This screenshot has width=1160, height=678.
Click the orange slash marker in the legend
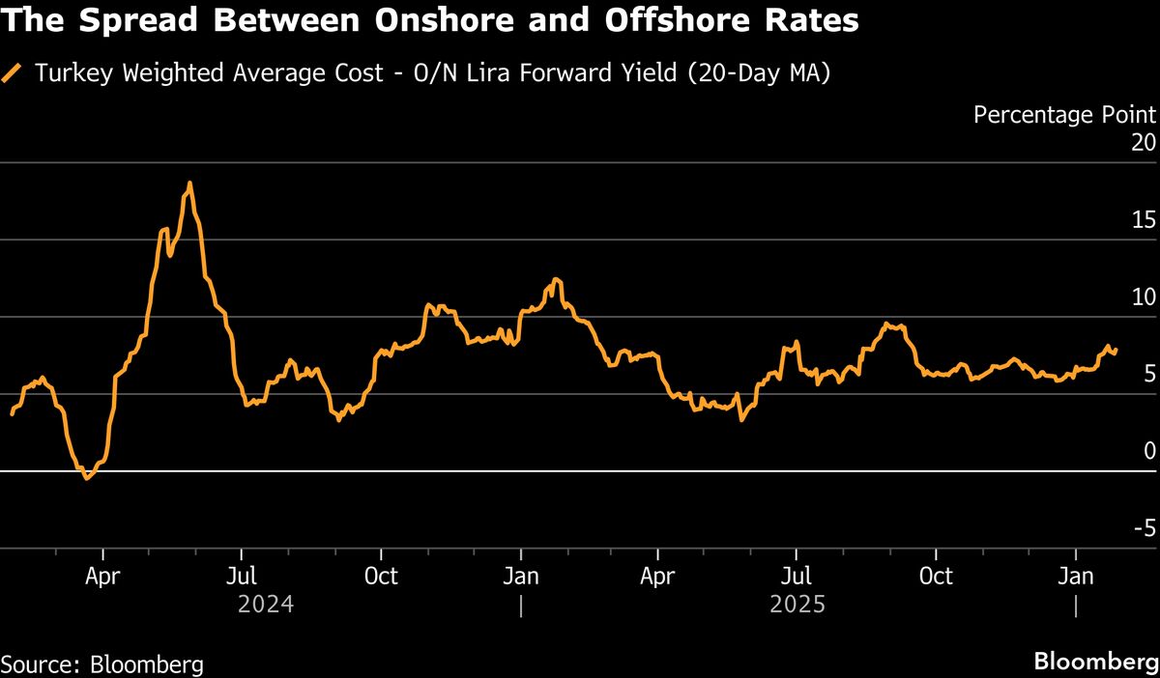(x=13, y=73)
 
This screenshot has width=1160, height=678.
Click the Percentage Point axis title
(x=1064, y=115)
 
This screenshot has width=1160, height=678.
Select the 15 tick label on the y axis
(x=1144, y=220)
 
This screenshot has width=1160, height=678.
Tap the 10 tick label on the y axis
(x=1144, y=297)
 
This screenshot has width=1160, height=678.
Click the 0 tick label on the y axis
(x=1149, y=451)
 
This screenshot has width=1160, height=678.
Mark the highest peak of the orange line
(x=189, y=183)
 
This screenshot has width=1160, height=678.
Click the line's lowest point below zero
(x=87, y=477)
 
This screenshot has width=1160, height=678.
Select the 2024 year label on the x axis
(x=266, y=605)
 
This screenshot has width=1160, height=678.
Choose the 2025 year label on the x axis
(x=797, y=605)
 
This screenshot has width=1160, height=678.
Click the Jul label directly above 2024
(x=242, y=577)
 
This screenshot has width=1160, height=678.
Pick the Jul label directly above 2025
(x=796, y=577)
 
